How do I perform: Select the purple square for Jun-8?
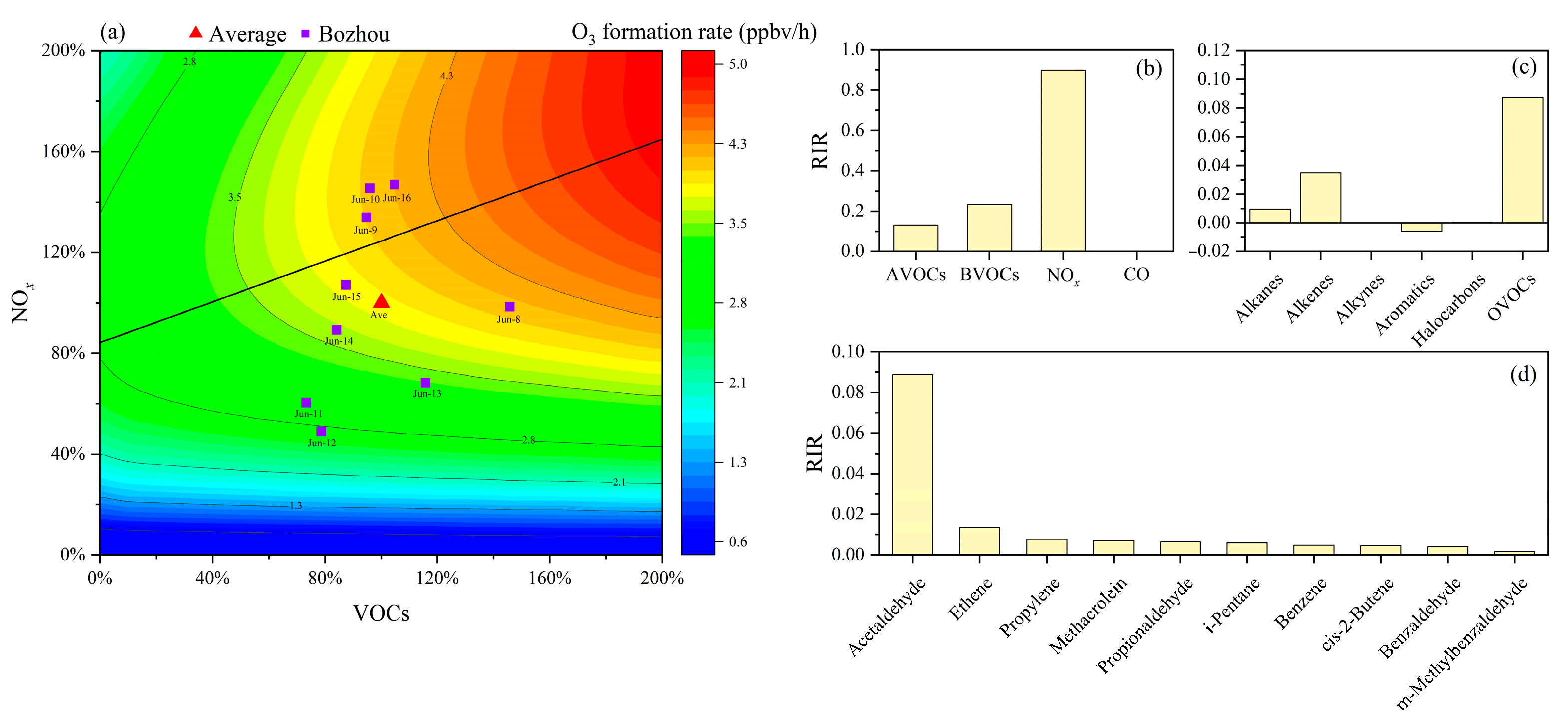pos(510,307)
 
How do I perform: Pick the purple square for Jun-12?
pos(321,431)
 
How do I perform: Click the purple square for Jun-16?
pos(394,184)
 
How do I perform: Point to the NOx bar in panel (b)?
pos(1063,161)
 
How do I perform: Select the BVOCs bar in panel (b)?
pos(989,228)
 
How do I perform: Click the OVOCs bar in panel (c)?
pos(1522,160)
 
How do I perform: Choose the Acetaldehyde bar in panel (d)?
pos(912,465)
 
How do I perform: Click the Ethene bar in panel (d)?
pos(979,541)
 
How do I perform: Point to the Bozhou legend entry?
pos(346,34)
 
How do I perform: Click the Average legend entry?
pos(238,34)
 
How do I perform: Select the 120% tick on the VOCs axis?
pos(437,578)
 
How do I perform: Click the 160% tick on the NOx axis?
pos(63,151)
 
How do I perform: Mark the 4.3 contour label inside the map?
pos(446,76)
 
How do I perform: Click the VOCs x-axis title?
pos(381,613)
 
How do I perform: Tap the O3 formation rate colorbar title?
pos(694,33)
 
